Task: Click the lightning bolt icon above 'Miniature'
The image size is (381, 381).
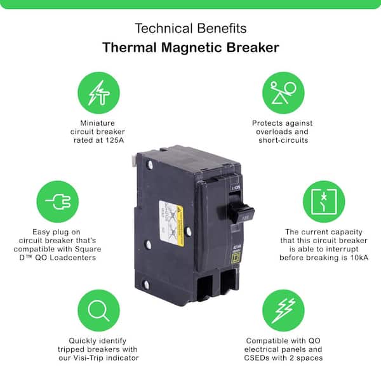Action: coord(98,93)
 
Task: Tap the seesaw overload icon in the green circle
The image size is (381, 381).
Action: coord(283,93)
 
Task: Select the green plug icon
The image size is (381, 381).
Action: coord(58,201)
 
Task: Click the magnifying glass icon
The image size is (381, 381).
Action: coord(98,310)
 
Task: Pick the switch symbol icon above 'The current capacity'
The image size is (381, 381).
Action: coord(323,201)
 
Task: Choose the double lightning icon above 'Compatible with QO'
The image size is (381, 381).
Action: coord(283,310)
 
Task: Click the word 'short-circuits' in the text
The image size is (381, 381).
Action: coord(283,140)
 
